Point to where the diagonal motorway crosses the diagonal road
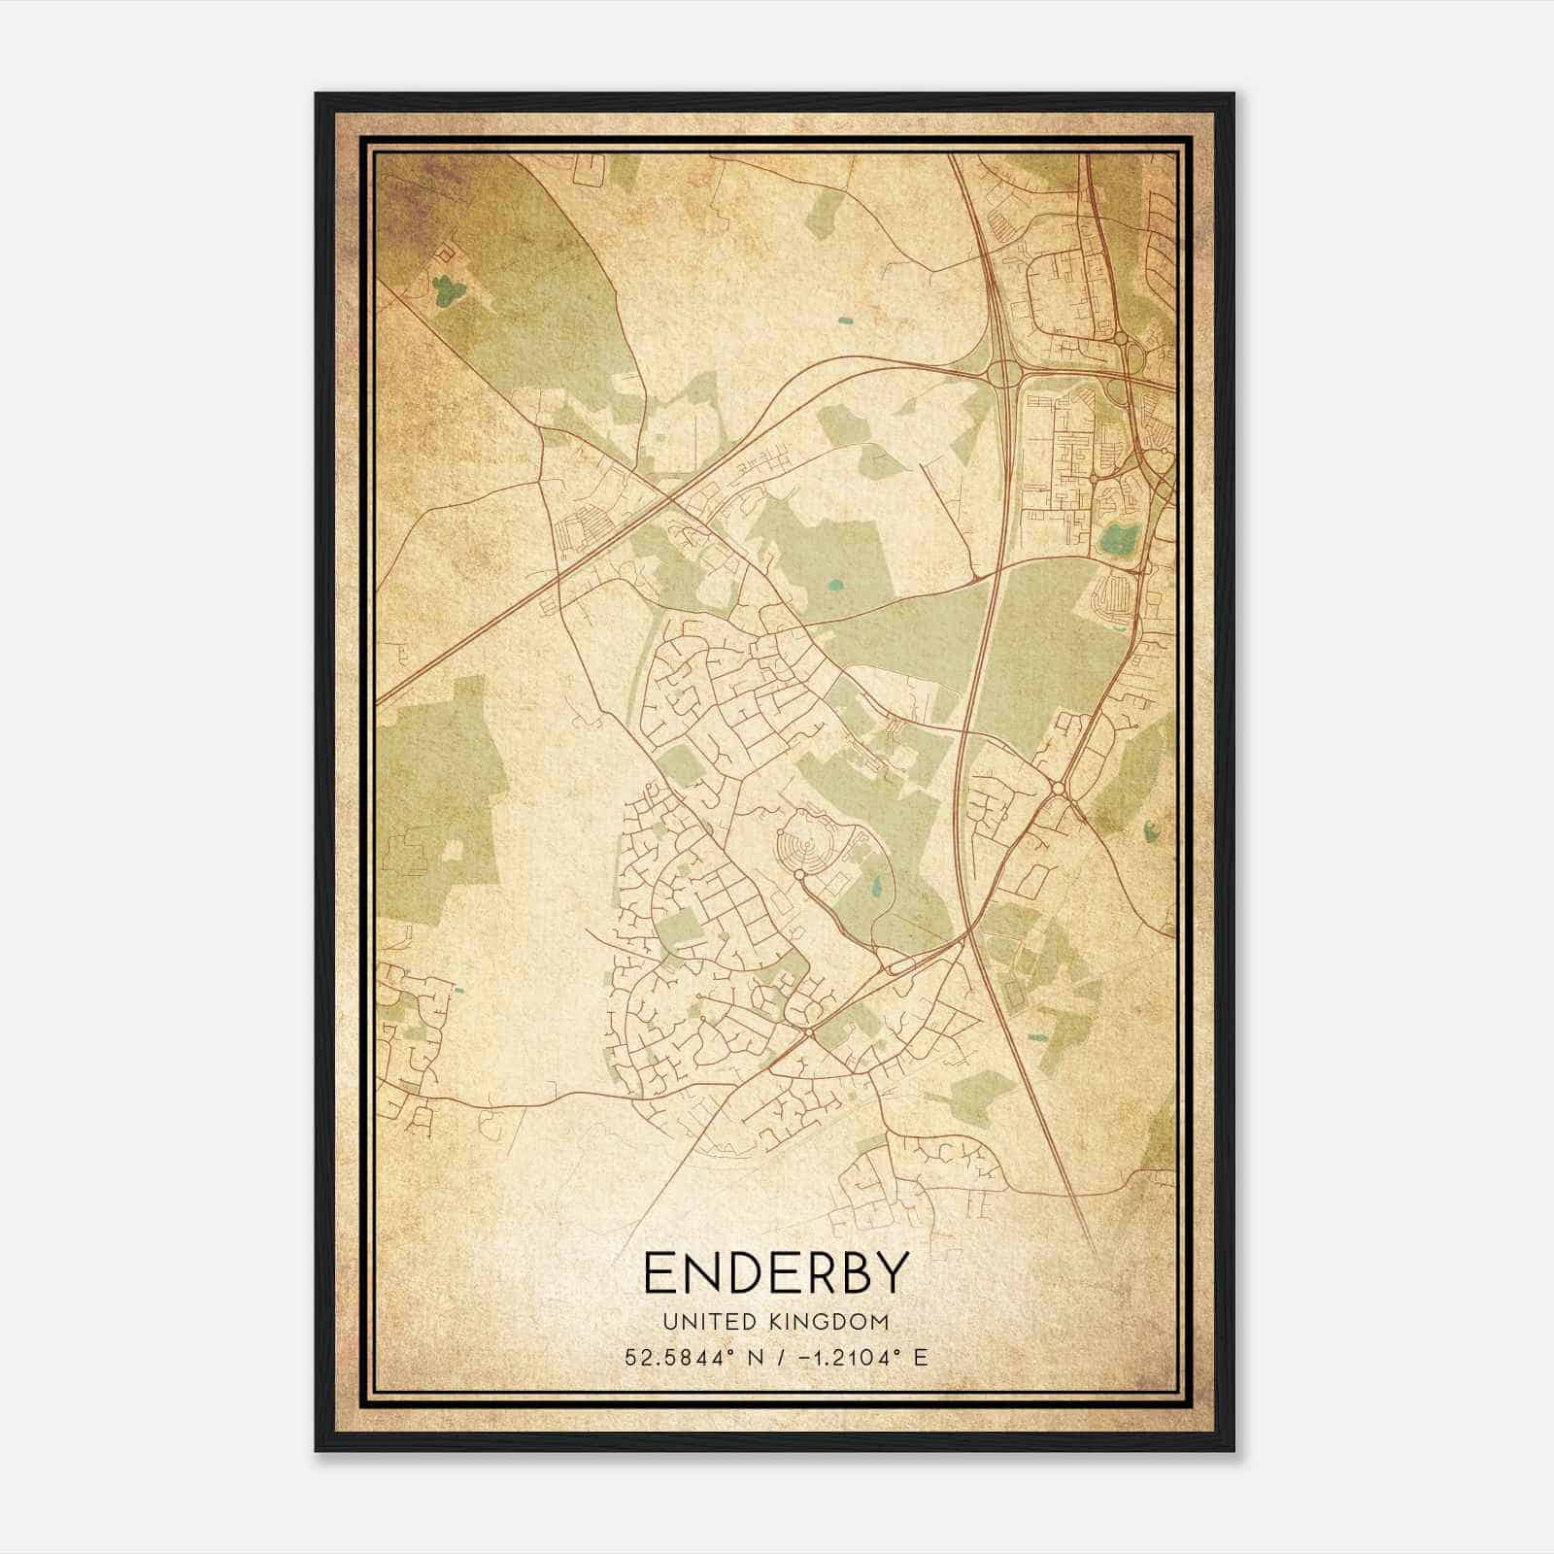coord(671,499)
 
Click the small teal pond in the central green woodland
coord(835,586)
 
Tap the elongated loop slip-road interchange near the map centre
coord(898,966)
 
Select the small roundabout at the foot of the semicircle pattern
coord(799,874)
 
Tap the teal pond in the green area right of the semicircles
coord(877,886)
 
